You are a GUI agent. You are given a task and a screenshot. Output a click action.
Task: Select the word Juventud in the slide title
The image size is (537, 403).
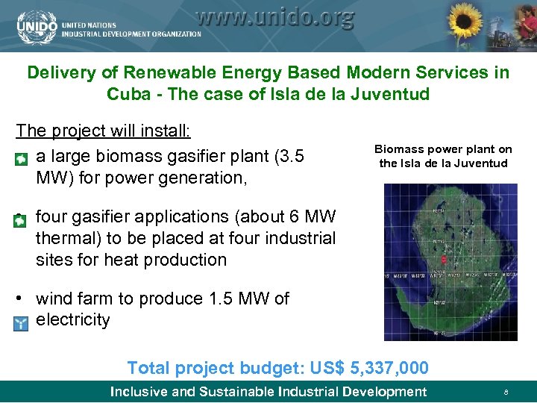click(394, 95)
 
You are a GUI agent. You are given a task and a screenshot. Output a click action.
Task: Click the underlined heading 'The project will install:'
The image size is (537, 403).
click(104, 131)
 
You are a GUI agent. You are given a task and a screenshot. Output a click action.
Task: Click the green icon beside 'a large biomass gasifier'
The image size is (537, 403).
click(22, 159)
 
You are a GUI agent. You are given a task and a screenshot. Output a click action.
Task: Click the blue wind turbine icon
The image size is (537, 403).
click(21, 323)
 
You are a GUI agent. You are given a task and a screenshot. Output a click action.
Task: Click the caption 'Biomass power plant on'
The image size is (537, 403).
click(443, 149)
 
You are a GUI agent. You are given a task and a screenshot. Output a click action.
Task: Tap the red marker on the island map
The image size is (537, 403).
click(444, 259)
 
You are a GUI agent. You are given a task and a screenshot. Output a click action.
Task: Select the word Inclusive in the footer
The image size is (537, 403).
click(139, 392)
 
